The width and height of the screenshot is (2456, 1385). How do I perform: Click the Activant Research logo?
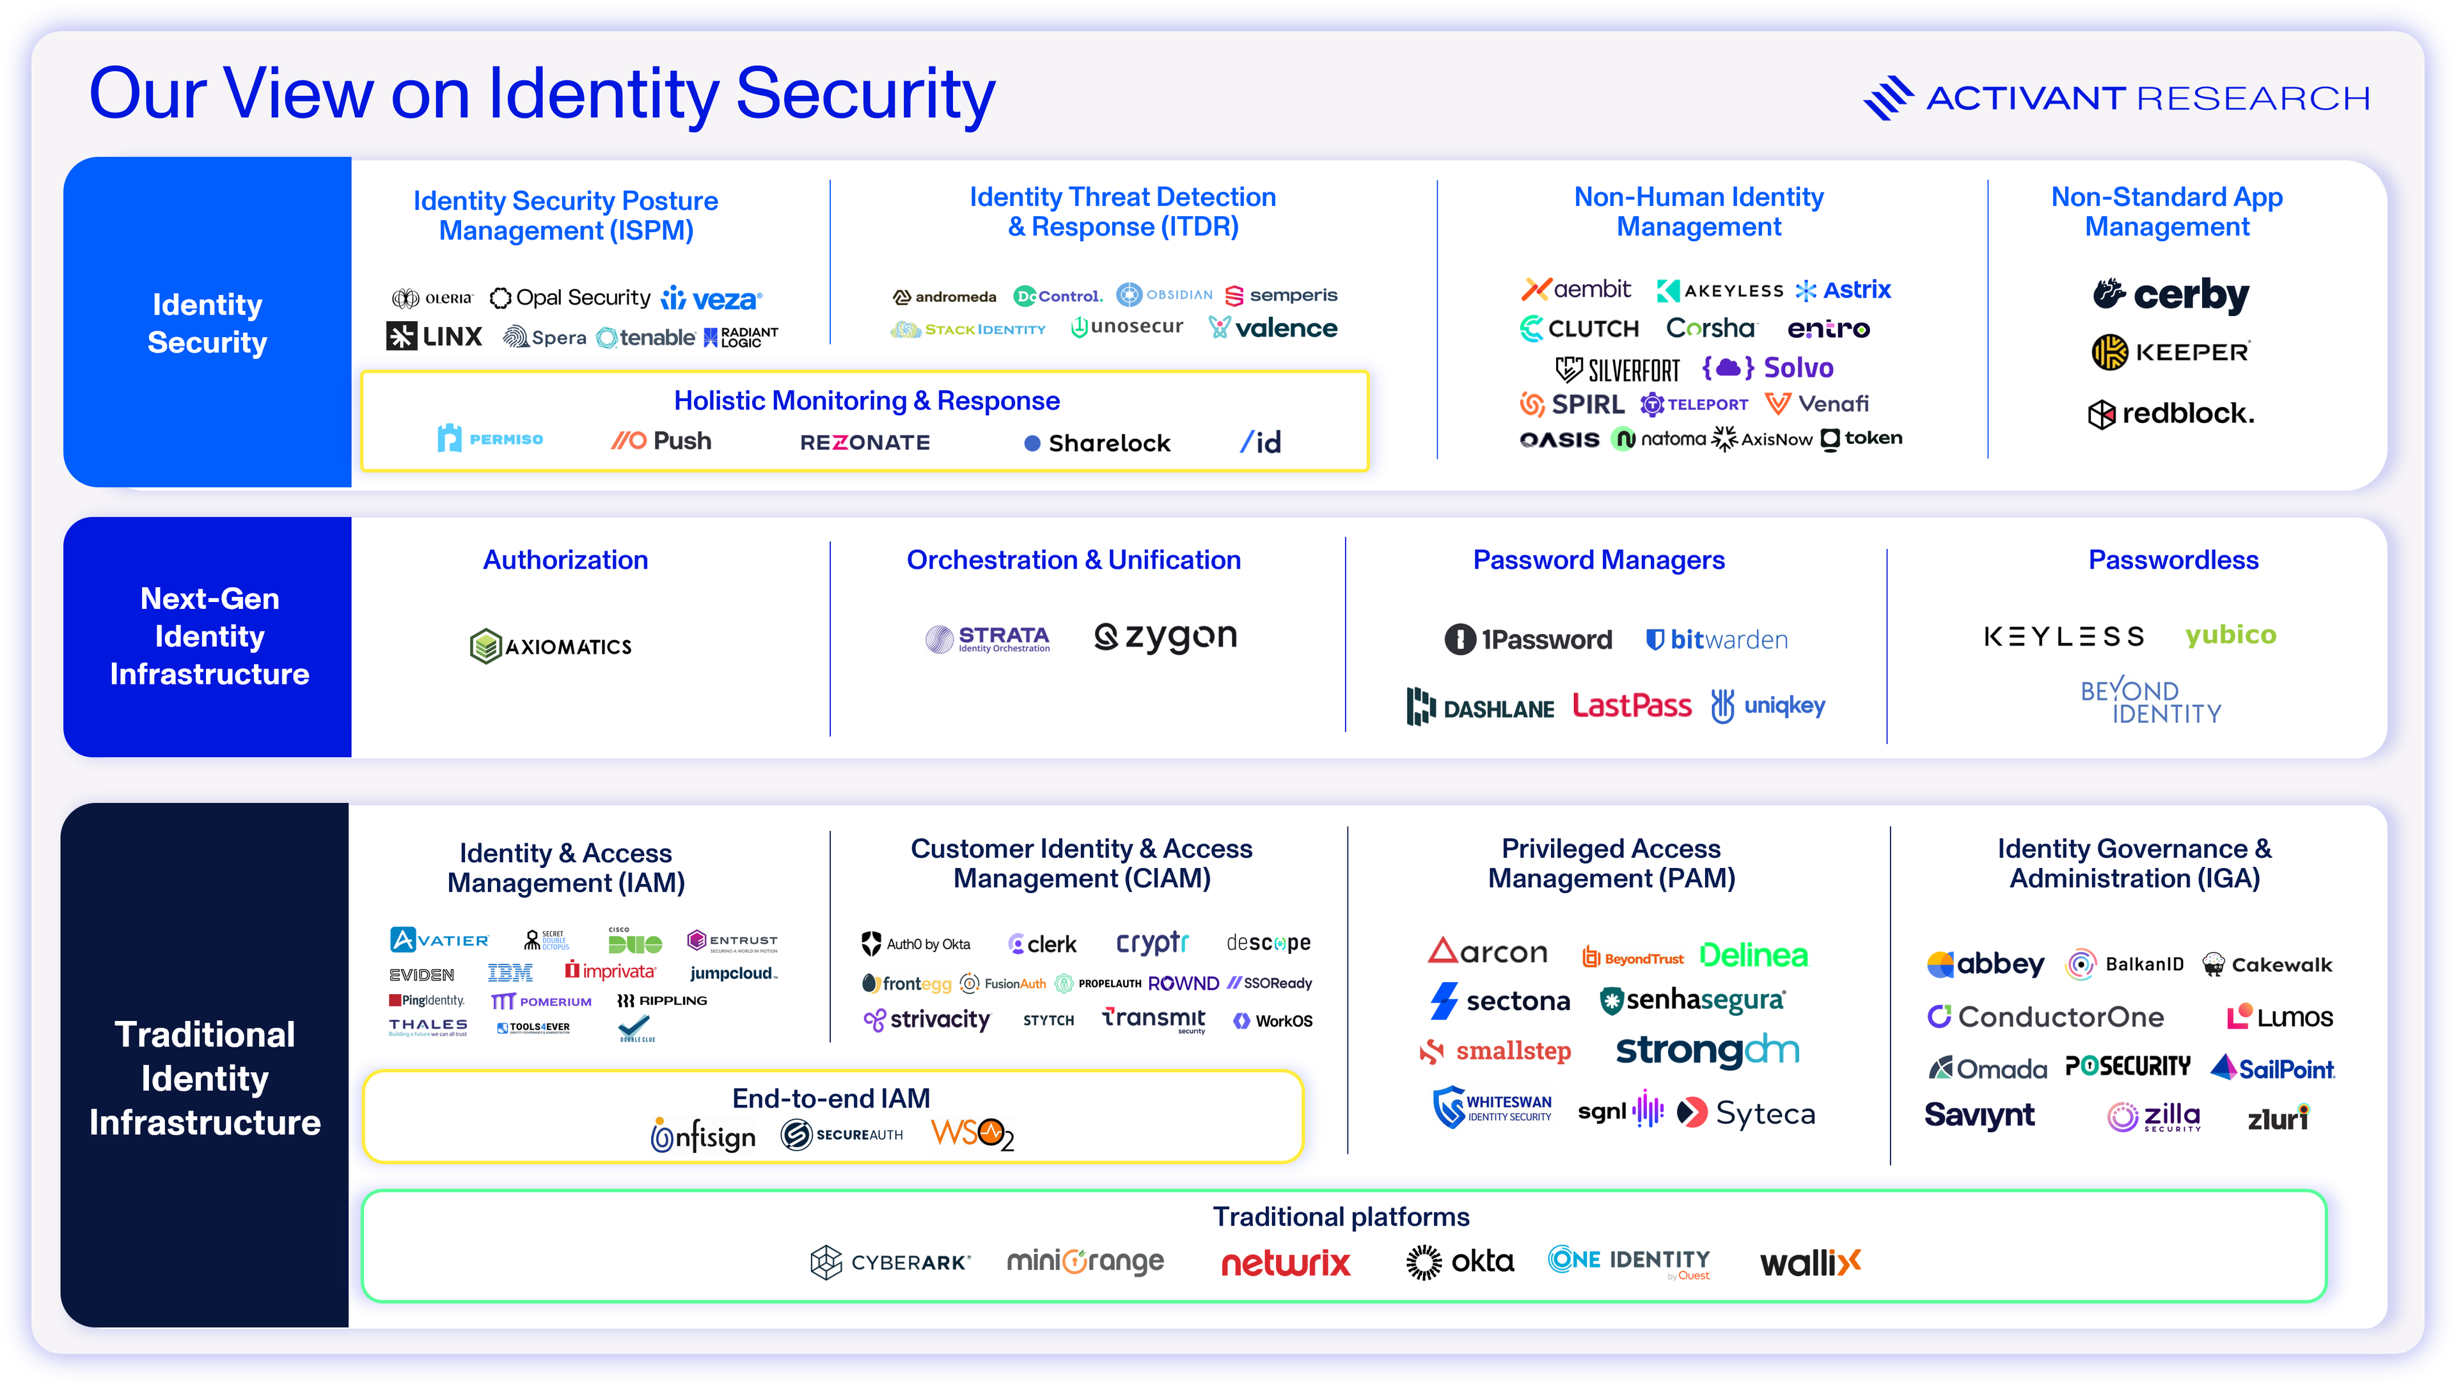2116,97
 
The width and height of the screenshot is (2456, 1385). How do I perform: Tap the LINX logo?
435,336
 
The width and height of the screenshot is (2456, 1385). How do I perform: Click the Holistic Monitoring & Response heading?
866,400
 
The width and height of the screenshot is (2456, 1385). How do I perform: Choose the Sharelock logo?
1098,443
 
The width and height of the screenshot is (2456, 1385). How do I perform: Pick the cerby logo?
2171,295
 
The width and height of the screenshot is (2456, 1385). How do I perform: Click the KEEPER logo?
2171,352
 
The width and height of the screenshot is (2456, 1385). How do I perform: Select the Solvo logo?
1768,367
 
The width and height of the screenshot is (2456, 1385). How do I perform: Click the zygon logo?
1165,637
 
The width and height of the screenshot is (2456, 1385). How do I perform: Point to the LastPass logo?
1632,706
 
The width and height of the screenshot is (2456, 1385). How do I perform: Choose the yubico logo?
2230,635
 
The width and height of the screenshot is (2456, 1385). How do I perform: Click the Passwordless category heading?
2173,560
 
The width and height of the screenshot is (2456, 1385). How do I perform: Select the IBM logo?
510,973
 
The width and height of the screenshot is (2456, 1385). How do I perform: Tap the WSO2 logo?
972,1134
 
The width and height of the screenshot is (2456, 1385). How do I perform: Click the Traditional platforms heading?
1341,1217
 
